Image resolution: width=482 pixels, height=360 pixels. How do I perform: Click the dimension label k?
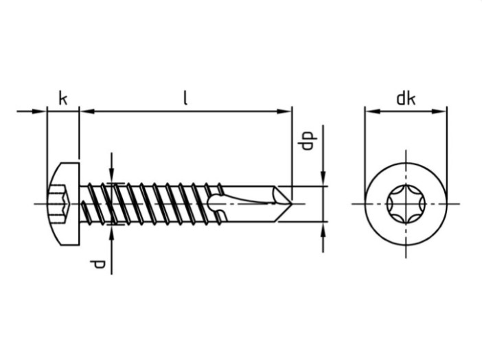[62, 99]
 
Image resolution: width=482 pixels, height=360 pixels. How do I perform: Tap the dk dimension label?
[406, 99]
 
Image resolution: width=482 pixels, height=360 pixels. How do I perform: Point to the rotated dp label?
[307, 140]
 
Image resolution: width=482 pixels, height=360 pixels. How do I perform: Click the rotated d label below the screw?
[100, 264]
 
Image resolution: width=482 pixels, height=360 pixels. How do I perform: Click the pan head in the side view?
[63, 203]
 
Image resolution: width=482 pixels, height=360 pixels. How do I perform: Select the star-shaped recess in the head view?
[406, 203]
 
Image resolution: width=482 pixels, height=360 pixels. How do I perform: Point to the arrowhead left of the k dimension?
[41, 110]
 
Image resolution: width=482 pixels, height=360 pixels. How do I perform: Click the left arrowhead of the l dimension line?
[84, 110]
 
